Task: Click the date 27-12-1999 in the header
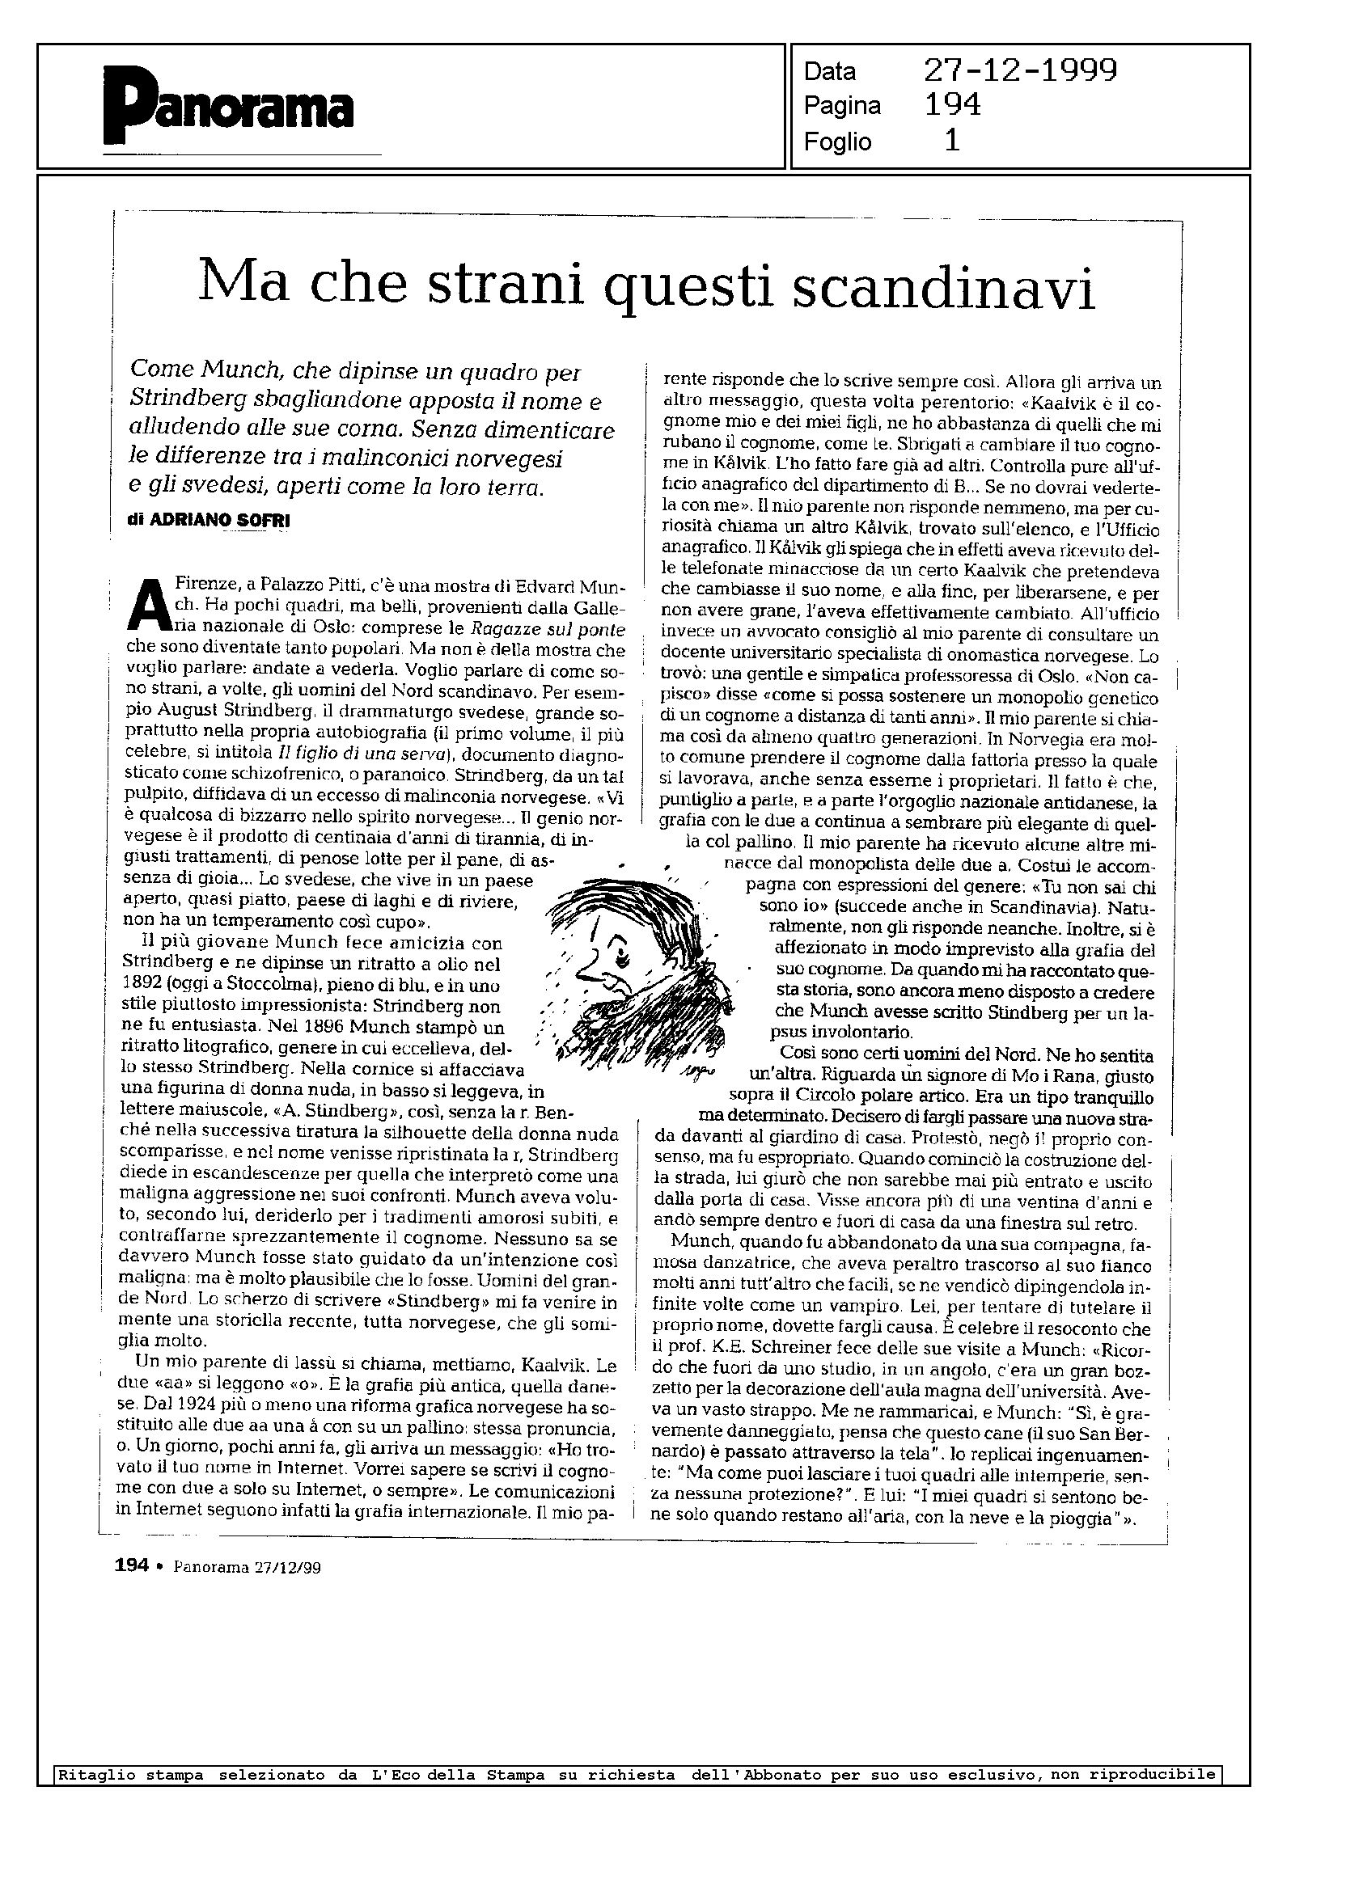1020,71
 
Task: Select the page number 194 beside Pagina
952,105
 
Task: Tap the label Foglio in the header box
837,142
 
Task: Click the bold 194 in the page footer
131,1565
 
